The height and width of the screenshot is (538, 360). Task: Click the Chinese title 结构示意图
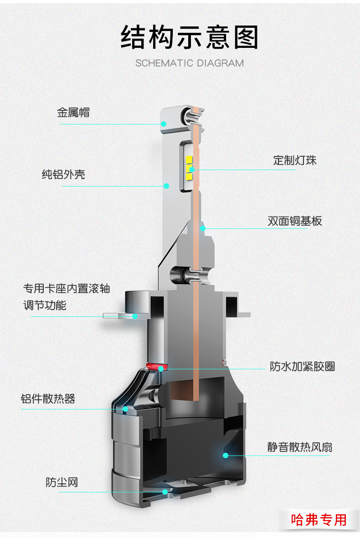[x=189, y=37]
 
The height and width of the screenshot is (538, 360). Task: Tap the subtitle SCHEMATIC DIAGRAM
[x=189, y=63]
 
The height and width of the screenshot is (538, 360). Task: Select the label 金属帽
[x=73, y=113]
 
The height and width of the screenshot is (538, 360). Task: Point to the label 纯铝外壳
[x=63, y=174]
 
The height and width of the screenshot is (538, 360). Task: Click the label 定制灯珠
[x=294, y=160]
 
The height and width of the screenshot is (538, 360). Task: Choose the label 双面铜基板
[x=294, y=221]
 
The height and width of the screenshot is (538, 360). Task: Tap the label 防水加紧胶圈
[x=302, y=366]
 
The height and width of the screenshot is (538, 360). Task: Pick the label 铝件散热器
[x=48, y=398]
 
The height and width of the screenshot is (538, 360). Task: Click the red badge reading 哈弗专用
[x=319, y=519]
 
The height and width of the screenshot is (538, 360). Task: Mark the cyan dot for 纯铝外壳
[x=166, y=186]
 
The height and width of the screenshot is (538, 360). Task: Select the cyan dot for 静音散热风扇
[x=225, y=455]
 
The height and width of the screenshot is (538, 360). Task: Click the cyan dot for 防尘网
[x=165, y=491]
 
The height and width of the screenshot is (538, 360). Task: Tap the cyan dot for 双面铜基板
[x=203, y=228]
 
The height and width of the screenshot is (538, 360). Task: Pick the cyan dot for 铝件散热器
[x=125, y=409]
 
